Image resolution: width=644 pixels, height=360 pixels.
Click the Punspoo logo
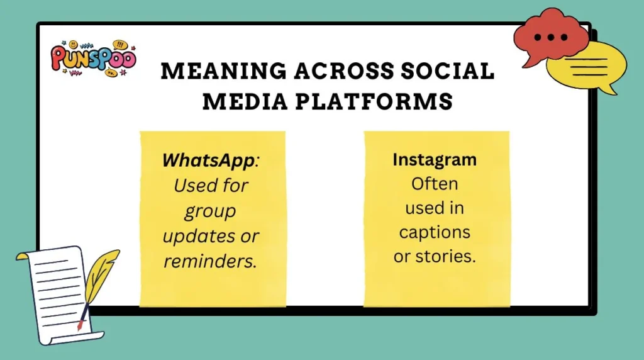(92, 59)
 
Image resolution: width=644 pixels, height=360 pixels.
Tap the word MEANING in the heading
(213, 71)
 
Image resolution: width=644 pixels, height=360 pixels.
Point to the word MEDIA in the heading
(247, 101)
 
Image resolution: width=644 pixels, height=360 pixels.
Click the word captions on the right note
(435, 232)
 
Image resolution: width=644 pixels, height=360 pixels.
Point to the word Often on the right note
(435, 184)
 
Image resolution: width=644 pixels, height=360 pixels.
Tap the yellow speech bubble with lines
(587, 65)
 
